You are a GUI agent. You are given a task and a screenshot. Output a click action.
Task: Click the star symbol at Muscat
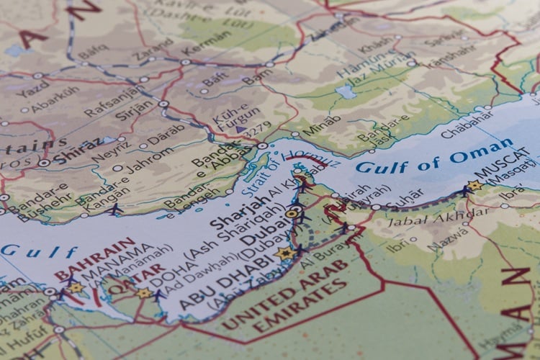tap(474, 186)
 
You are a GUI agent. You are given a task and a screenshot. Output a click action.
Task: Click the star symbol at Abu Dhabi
tap(286, 253)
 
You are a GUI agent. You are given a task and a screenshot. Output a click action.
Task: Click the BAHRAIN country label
tap(94, 260)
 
